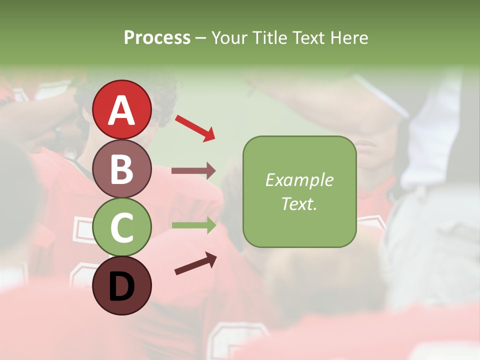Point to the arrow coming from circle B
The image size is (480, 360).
pos(193,170)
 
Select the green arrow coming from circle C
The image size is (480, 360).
pos(193,225)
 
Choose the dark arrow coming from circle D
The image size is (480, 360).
pos(195,264)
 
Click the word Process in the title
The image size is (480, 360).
pos(157,38)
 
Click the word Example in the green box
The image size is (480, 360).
pos(299,180)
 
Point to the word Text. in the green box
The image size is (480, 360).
pos(299,203)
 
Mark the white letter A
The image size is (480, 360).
pos(122,111)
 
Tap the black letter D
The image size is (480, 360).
pos(122,286)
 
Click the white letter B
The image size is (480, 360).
pos(122,169)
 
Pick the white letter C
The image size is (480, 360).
pos(122,228)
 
